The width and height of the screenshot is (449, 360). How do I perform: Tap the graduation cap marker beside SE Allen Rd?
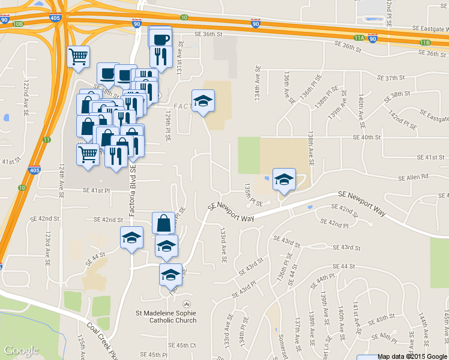[284, 179]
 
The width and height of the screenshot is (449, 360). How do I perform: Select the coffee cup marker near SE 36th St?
[160, 40]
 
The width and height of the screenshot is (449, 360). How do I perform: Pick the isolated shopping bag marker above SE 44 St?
[163, 223]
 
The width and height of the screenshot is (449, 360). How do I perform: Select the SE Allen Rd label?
[414, 177]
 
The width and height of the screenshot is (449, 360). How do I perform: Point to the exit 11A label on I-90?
[359, 37]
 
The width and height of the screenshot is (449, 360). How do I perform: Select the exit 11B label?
[425, 43]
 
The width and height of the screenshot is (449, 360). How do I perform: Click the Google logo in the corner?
[22, 350]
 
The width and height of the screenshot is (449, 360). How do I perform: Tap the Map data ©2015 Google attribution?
[413, 356]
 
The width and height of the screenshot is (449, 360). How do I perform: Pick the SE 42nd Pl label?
[334, 224]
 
